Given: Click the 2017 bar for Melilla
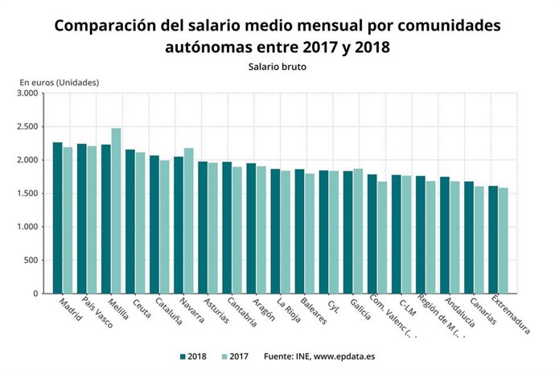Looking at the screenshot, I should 117,211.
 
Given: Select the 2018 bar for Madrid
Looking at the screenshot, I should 57,218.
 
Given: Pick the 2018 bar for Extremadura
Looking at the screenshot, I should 492,240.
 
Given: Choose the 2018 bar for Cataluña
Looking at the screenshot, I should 154,224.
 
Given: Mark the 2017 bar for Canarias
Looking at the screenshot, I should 479,240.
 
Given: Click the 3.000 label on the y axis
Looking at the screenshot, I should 27,93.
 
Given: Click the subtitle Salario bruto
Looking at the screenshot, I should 277,67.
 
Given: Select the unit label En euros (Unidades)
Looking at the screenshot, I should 60,82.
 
